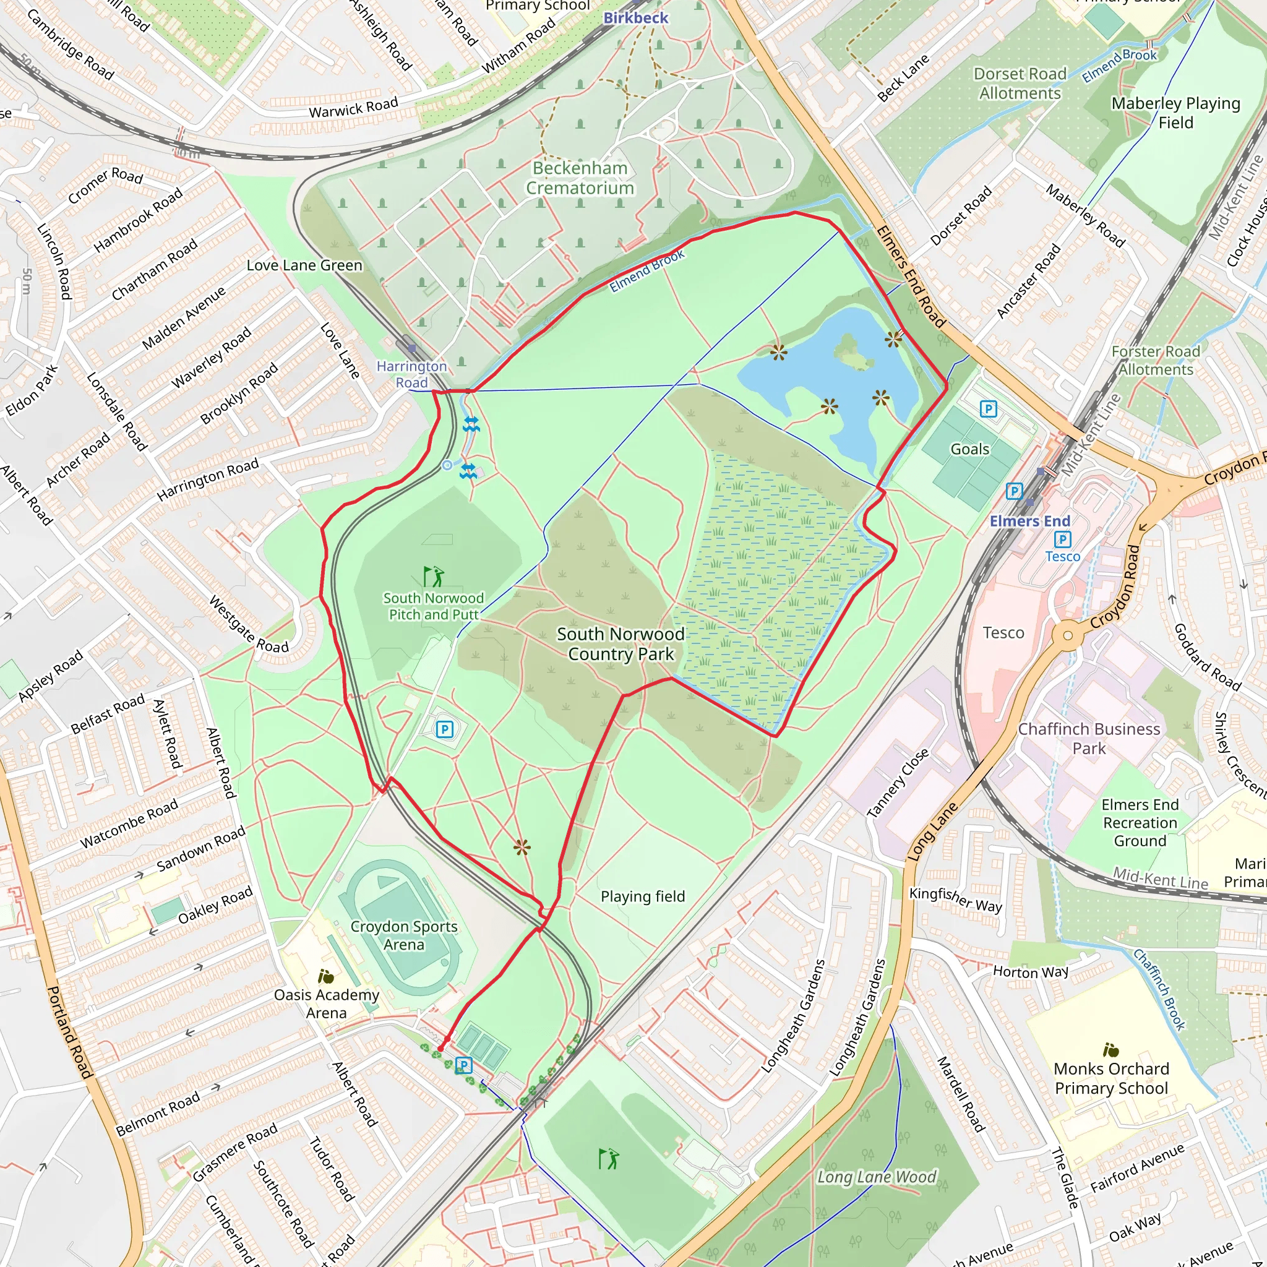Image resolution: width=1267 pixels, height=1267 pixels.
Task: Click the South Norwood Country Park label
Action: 621,643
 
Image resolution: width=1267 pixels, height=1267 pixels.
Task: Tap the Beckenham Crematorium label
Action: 580,178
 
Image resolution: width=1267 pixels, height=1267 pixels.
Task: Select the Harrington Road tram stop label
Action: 411,374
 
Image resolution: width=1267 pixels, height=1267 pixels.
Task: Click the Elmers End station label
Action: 1029,521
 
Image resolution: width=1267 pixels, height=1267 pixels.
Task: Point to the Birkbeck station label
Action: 635,18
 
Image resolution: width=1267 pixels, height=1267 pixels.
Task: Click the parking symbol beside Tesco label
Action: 1062,539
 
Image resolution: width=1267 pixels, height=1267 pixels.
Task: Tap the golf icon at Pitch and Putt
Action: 433,577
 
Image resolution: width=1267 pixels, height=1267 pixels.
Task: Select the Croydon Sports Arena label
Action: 404,935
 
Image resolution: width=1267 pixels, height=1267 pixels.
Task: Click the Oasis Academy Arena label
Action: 327,1003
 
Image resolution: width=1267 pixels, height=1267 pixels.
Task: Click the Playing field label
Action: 643,896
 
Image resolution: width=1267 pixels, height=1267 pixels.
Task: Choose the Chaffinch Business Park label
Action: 1089,739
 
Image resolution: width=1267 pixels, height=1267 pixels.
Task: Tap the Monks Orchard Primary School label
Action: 1111,1078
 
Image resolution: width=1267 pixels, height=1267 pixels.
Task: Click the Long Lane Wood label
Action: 876,1177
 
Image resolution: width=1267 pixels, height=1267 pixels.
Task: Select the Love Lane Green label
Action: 304,265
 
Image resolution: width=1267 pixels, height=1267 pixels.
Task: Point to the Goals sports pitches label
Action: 969,449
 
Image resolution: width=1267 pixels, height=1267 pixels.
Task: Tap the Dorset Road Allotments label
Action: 1020,84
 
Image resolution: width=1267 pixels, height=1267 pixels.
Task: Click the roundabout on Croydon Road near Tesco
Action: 1068,635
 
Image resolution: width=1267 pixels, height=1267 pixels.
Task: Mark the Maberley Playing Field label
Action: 1175,112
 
